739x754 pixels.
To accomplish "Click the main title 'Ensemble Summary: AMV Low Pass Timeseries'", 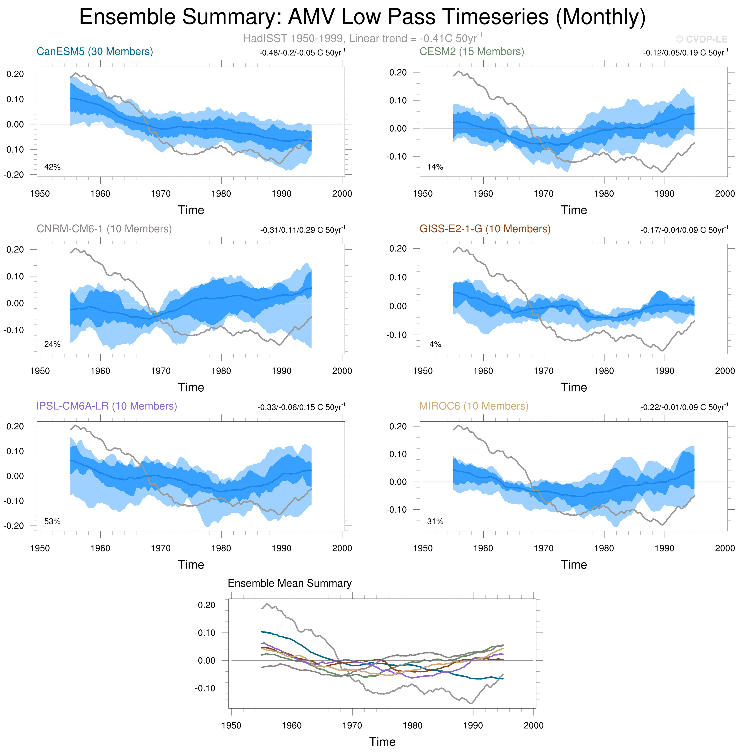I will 362,17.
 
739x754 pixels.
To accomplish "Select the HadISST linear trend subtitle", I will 362,38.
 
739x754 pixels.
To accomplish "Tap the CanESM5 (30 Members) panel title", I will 95,52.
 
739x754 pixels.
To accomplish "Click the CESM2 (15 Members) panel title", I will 472,52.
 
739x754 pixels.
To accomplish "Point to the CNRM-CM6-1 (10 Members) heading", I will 104,229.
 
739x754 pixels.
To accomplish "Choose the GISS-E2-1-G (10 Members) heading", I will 485,229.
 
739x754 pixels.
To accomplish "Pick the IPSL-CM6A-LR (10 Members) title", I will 107,406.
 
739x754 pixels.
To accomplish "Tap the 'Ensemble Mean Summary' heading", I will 290,583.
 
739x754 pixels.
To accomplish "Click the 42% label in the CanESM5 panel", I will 52,167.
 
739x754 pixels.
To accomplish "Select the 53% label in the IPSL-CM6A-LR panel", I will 52,522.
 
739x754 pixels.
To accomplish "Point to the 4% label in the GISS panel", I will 435,344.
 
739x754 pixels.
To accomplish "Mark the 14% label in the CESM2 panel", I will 435,167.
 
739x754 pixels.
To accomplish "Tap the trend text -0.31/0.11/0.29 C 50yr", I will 302,230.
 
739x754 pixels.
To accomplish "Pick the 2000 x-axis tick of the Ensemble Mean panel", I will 533,725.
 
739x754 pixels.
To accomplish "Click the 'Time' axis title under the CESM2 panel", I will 574,210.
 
